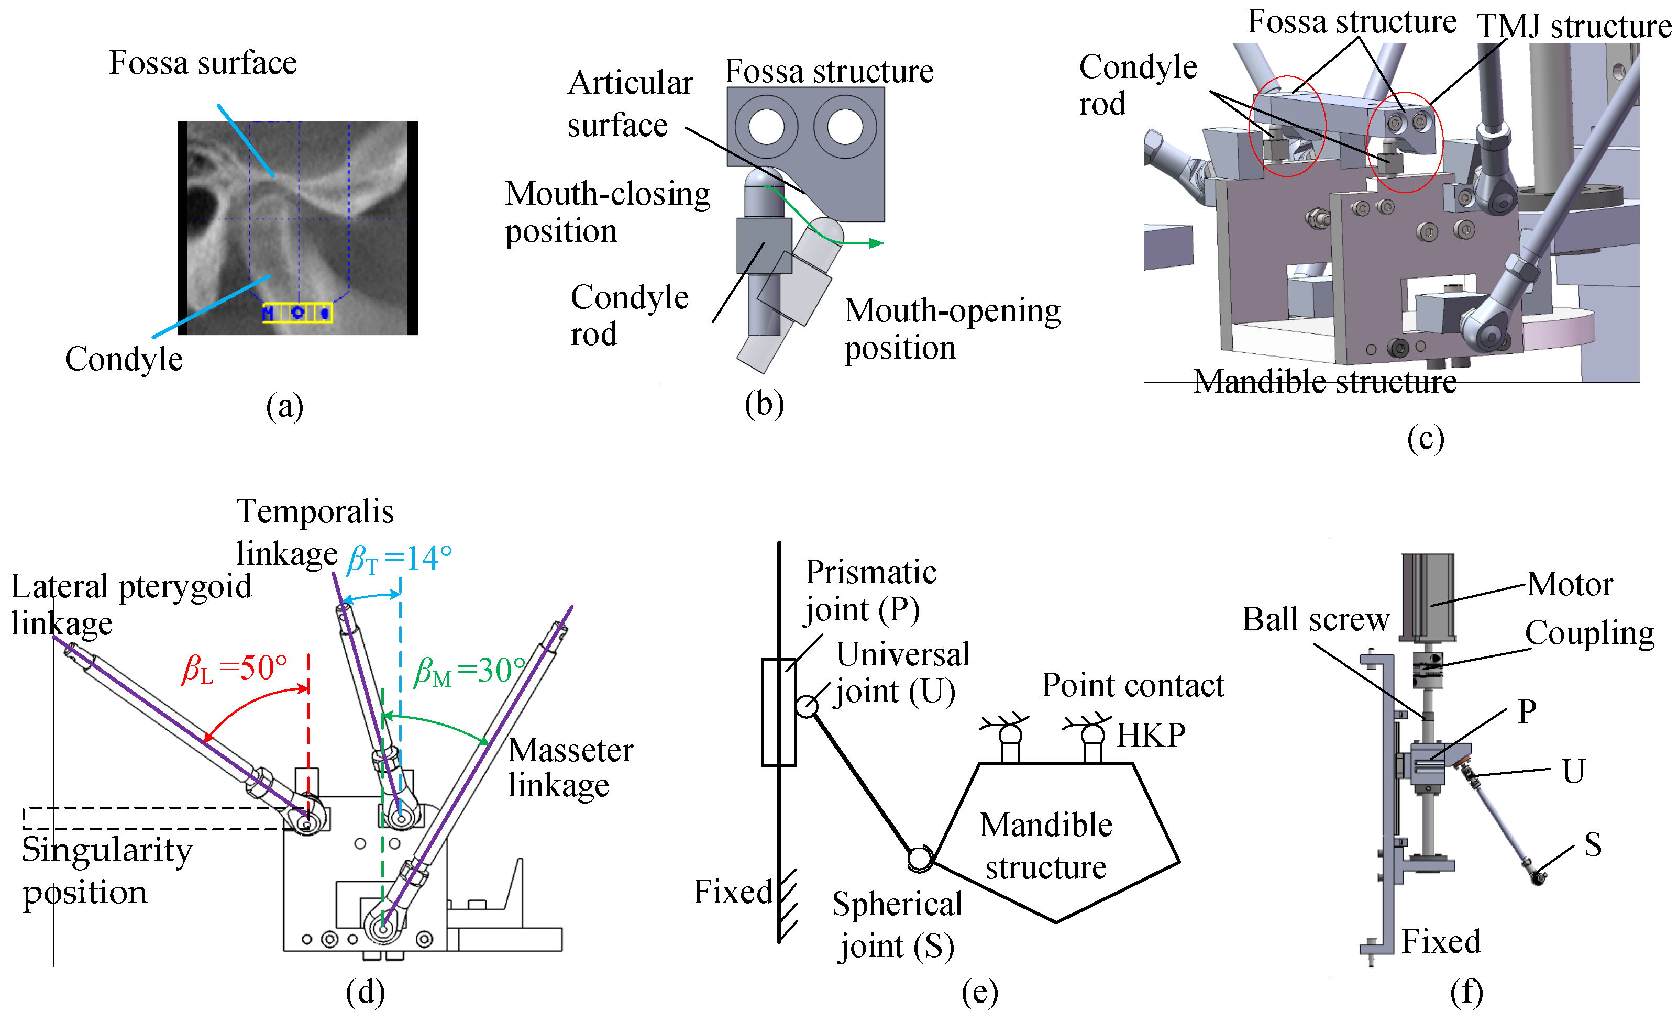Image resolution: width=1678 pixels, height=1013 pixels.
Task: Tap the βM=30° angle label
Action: click(x=470, y=671)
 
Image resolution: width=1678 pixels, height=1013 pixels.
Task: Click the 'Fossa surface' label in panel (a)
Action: click(x=203, y=63)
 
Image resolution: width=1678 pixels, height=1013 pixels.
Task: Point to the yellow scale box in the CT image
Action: click(x=297, y=313)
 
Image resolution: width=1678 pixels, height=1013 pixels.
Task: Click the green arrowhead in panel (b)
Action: click(x=877, y=243)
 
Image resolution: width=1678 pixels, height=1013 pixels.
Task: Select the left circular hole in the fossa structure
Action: click(x=766, y=127)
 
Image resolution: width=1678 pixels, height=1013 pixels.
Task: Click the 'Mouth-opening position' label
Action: click(x=952, y=329)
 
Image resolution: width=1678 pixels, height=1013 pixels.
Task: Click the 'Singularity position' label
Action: click(x=107, y=871)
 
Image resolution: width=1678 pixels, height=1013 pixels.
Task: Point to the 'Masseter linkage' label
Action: click(x=570, y=768)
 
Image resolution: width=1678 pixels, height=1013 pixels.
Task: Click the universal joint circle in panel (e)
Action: click(x=807, y=707)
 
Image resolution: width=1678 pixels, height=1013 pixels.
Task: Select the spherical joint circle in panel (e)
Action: click(x=919, y=859)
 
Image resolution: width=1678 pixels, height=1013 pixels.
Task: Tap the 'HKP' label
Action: click(x=1151, y=735)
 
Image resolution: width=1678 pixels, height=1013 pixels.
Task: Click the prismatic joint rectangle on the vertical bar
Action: click(x=778, y=712)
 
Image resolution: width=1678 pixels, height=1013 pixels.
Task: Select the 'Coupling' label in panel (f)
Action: click(x=1589, y=633)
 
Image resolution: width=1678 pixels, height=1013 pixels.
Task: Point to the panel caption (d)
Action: click(x=365, y=992)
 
